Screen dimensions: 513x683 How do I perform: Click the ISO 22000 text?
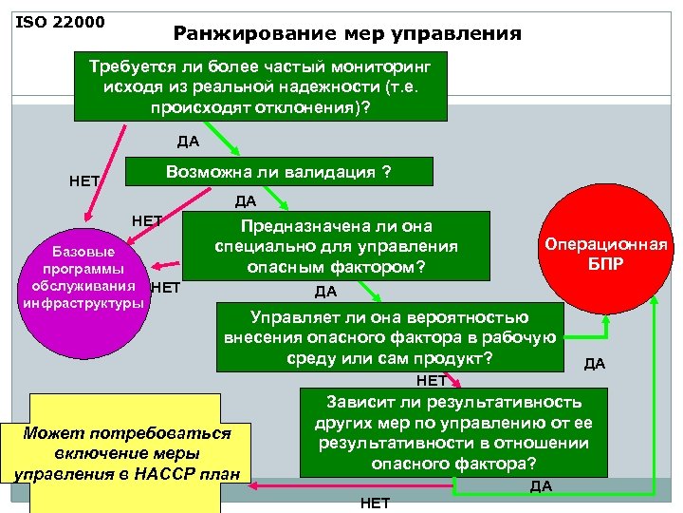click(x=60, y=21)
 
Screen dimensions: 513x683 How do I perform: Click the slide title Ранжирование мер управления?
click(x=347, y=34)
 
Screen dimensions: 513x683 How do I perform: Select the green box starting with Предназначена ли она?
click(x=337, y=247)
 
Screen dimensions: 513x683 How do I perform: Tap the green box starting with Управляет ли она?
click(x=389, y=337)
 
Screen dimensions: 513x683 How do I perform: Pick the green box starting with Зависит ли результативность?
click(x=453, y=432)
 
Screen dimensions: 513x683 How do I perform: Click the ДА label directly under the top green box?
click(x=188, y=142)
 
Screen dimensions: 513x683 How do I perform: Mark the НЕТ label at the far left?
click(x=85, y=180)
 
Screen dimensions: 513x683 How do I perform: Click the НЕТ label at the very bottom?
click(x=375, y=503)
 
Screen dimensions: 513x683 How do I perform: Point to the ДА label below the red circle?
click(x=595, y=363)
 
